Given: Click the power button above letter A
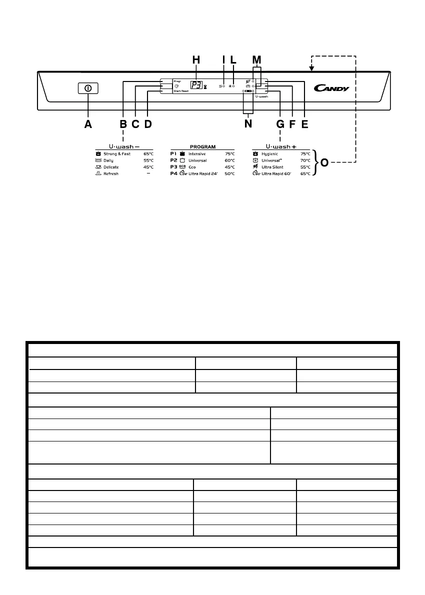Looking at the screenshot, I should click(x=88, y=88).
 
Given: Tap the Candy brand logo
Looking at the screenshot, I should click(x=331, y=88).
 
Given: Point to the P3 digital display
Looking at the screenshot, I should click(x=196, y=85).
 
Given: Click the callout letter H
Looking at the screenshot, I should click(x=196, y=60).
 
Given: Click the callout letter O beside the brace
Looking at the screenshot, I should click(x=324, y=163).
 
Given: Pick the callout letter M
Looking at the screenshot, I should click(x=256, y=60).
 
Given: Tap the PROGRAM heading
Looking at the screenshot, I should click(x=202, y=147).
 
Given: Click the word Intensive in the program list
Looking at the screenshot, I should click(x=197, y=154).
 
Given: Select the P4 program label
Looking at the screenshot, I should click(x=173, y=173).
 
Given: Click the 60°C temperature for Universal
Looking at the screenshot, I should click(x=229, y=160).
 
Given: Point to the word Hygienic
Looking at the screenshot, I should click(x=269, y=154).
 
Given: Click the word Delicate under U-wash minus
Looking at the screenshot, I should click(x=111, y=167).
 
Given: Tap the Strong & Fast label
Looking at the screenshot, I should click(x=117, y=154).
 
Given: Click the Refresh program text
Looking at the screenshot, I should click(x=111, y=173).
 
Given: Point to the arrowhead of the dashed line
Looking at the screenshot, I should click(x=311, y=68).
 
